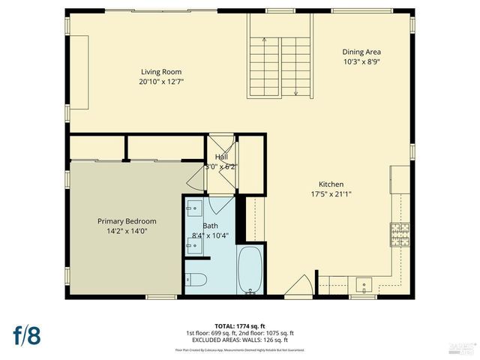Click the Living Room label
tap(161, 72)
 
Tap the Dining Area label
tap(361, 52)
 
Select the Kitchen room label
tap(331, 184)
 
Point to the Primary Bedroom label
tap(127, 221)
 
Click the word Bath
tap(210, 225)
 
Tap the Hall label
tap(221, 157)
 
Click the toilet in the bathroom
tap(196, 280)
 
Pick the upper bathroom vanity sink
tap(191, 208)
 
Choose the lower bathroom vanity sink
tap(191, 244)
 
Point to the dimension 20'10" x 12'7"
tap(161, 82)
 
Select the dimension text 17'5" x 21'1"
tap(331, 193)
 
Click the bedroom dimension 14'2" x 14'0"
tap(127, 232)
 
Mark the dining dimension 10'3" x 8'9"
tap(361, 62)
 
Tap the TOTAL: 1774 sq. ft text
tap(241, 325)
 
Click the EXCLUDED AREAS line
tap(241, 340)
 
